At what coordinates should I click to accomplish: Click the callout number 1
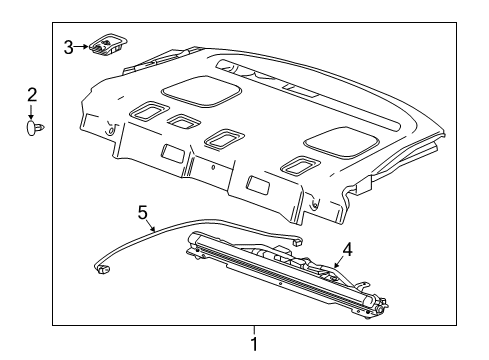pyautogui.click(x=254, y=344)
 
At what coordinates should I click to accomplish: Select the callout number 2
pyautogui.click(x=32, y=95)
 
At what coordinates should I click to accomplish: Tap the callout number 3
pyautogui.click(x=68, y=47)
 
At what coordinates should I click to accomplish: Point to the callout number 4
pyautogui.click(x=347, y=250)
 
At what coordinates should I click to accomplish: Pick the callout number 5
pyautogui.click(x=143, y=213)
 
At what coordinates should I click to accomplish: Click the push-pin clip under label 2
pyautogui.click(x=34, y=128)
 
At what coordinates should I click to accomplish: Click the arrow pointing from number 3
pyautogui.click(x=81, y=47)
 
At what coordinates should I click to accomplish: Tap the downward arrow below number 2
pyautogui.click(x=31, y=112)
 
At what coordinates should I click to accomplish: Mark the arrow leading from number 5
pyautogui.click(x=151, y=226)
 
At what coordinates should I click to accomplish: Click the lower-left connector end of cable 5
pyautogui.click(x=102, y=268)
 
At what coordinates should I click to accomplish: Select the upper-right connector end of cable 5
pyautogui.click(x=297, y=240)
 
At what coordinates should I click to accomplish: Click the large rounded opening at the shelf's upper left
pyautogui.click(x=201, y=92)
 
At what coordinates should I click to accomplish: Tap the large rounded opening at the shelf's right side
pyautogui.click(x=341, y=142)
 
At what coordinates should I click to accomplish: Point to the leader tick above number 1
pyautogui.click(x=254, y=331)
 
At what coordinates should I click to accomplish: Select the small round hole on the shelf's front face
pyautogui.click(x=213, y=167)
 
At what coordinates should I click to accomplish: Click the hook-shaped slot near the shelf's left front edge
pyautogui.click(x=110, y=129)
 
